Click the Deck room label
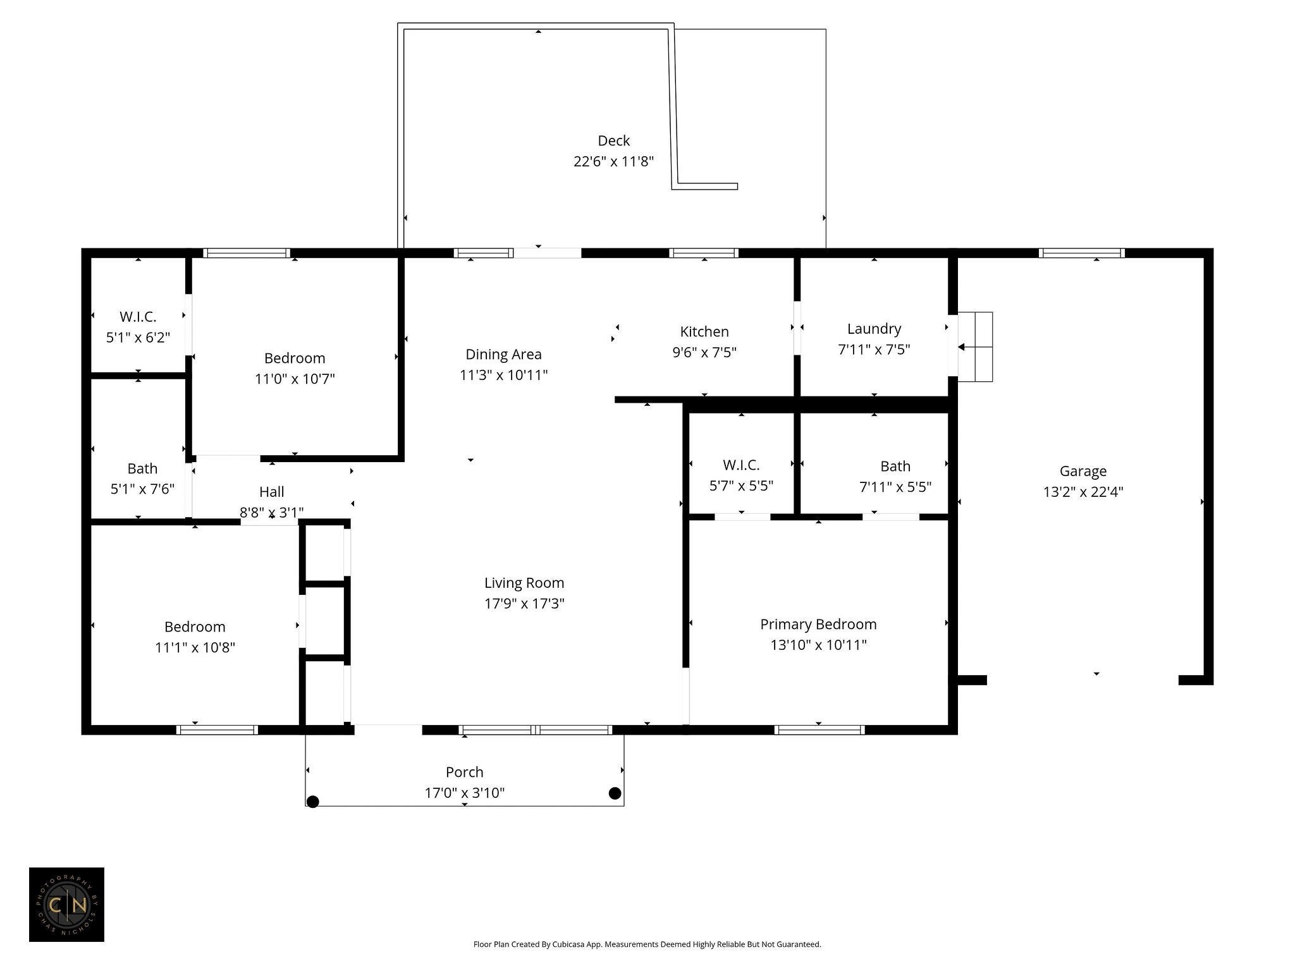pyautogui.click(x=613, y=140)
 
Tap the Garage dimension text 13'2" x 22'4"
pyautogui.click(x=1083, y=492)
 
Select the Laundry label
pyautogui.click(x=874, y=329)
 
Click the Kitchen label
pyautogui.click(x=704, y=331)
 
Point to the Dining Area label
pyautogui.click(x=503, y=354)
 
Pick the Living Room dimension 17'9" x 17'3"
pyautogui.click(x=524, y=604)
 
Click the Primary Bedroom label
pyautogui.click(x=818, y=625)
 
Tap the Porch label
pyautogui.click(x=464, y=772)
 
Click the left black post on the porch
pyautogui.click(x=312, y=802)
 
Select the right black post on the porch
pyautogui.click(x=615, y=793)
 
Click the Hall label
pyautogui.click(x=271, y=492)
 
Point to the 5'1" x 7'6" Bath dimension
pyautogui.click(x=142, y=489)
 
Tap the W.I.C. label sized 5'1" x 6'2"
pyautogui.click(x=138, y=316)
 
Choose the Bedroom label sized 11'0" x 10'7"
pyautogui.click(x=295, y=358)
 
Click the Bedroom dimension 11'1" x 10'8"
pyautogui.click(x=195, y=647)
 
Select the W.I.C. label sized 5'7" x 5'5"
pyautogui.click(x=741, y=465)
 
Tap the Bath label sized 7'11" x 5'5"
pyautogui.click(x=895, y=467)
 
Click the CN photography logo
pyautogui.click(x=66, y=905)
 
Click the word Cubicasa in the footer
pyautogui.click(x=568, y=944)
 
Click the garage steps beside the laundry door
pyautogui.click(x=975, y=346)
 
